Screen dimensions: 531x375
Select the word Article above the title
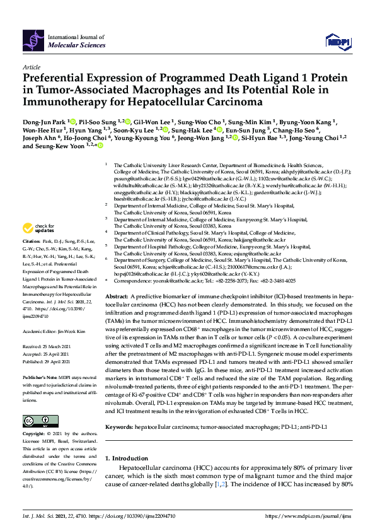click(32, 67)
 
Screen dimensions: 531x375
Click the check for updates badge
click(37, 228)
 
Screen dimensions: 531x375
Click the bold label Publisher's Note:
click(40, 376)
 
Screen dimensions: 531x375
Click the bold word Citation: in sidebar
click(32, 242)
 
